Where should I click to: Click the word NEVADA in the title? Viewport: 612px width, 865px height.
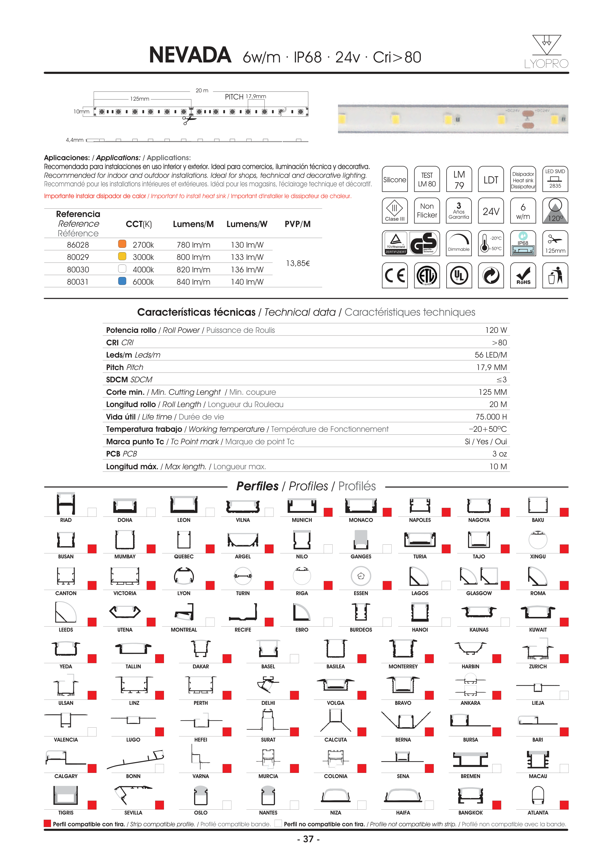click(190, 55)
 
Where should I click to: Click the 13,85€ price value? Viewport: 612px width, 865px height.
click(298, 263)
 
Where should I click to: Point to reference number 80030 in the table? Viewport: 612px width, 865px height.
click(78, 270)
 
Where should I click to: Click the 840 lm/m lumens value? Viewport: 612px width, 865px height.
click(193, 282)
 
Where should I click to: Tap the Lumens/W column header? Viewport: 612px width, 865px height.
click(247, 224)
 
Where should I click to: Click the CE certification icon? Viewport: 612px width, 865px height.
click(395, 276)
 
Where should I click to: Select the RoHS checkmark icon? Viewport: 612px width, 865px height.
click(523, 276)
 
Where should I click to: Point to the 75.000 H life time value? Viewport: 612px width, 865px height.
click(491, 417)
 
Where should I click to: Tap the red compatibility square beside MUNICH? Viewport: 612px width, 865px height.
click(328, 512)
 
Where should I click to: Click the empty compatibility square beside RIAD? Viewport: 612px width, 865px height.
click(92, 512)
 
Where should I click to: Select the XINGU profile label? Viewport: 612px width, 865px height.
click(538, 556)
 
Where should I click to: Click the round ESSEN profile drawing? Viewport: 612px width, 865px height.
click(361, 576)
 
